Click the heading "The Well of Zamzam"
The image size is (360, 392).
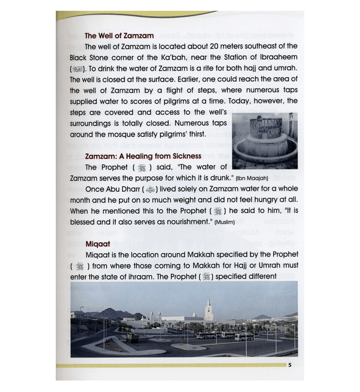119,36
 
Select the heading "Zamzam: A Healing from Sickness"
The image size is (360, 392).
143,156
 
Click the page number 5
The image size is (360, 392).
289,365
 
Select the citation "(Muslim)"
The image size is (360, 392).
224,223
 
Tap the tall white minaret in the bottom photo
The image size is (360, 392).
208,310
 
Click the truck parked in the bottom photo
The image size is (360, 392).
132,337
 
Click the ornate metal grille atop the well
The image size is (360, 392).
265,126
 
